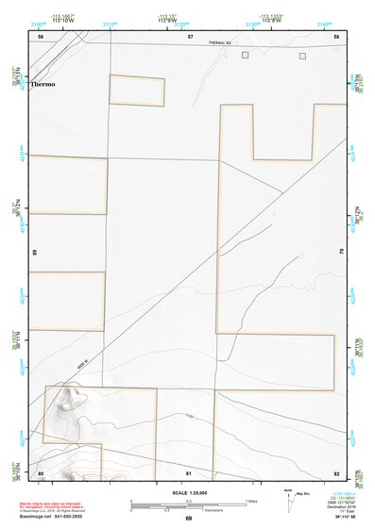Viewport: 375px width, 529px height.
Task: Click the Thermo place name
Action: tap(43, 84)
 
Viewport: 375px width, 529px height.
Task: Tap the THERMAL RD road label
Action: tap(221, 43)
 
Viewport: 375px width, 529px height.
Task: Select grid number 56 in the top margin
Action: tap(41, 36)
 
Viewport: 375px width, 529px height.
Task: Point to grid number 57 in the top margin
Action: tap(190, 36)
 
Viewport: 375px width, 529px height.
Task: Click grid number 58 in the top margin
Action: tap(336, 36)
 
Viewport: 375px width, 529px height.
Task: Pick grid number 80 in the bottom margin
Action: tap(41, 472)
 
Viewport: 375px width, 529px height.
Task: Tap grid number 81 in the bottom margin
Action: tap(189, 472)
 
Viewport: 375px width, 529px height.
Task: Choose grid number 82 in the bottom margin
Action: tap(336, 472)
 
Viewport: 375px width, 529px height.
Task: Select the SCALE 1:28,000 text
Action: tap(188, 491)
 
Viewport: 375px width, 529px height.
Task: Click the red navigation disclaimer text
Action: tap(57, 505)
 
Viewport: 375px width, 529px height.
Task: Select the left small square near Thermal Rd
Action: tap(246, 56)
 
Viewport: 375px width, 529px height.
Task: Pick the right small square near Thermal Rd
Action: tap(302, 56)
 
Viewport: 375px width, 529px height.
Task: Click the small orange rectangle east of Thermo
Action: tap(137, 91)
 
